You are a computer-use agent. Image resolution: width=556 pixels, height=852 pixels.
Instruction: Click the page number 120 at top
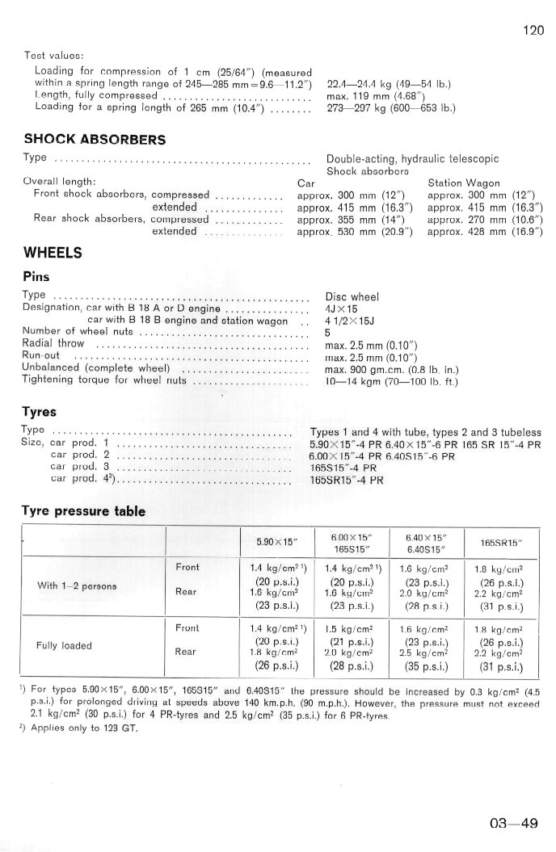click(533, 31)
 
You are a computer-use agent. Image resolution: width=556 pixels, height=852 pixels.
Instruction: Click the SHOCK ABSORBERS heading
click(95, 140)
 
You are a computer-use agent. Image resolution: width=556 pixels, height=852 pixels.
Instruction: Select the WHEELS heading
click(53, 253)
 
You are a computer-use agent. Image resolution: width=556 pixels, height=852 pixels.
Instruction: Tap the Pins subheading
click(37, 276)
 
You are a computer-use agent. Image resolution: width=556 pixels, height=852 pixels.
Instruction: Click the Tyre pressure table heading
click(83, 511)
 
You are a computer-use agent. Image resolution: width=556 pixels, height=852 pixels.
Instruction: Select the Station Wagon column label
click(464, 183)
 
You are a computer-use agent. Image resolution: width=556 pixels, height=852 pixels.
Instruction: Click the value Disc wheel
click(352, 296)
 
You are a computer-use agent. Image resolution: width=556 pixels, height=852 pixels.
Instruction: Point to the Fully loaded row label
click(65, 646)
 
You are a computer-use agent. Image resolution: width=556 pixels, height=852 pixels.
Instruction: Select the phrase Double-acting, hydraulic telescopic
click(412, 160)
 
